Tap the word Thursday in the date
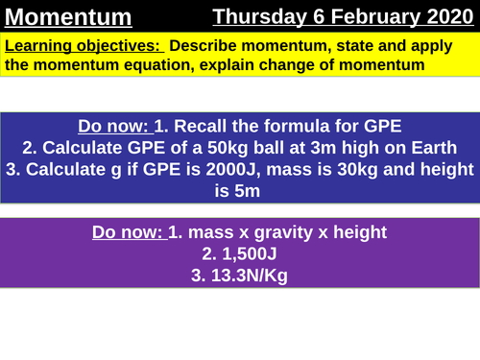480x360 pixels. (259, 17)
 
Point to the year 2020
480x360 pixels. (447, 17)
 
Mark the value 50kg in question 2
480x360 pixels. (236, 148)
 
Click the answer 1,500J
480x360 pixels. (252, 253)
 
